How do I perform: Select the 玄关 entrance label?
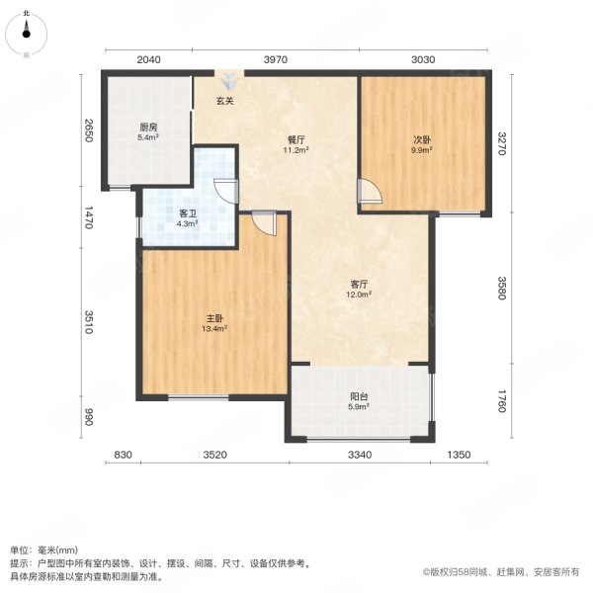[226, 100]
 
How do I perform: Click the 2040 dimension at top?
[149, 59]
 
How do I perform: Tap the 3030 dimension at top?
[424, 59]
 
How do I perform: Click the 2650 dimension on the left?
[88, 131]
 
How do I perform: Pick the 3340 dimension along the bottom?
[359, 455]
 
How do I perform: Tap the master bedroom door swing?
[264, 222]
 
